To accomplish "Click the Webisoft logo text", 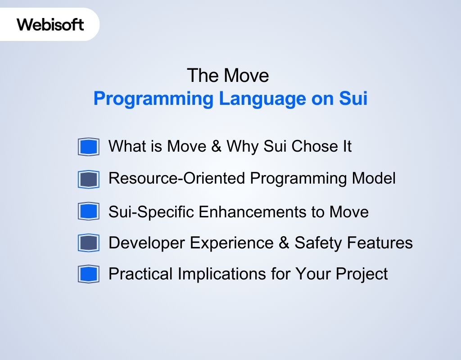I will click(50, 24).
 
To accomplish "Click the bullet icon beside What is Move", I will click(88, 147).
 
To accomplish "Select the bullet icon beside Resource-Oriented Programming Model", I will click(88, 179).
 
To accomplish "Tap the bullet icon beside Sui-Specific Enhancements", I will click(88, 211).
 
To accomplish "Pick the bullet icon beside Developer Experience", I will click(88, 243).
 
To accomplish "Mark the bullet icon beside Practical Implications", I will click(88, 274).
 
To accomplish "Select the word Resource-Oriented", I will click(177, 179).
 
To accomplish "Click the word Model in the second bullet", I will click(373, 179).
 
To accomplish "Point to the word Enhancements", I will click(262, 211).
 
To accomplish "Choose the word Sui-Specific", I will click(151, 211).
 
